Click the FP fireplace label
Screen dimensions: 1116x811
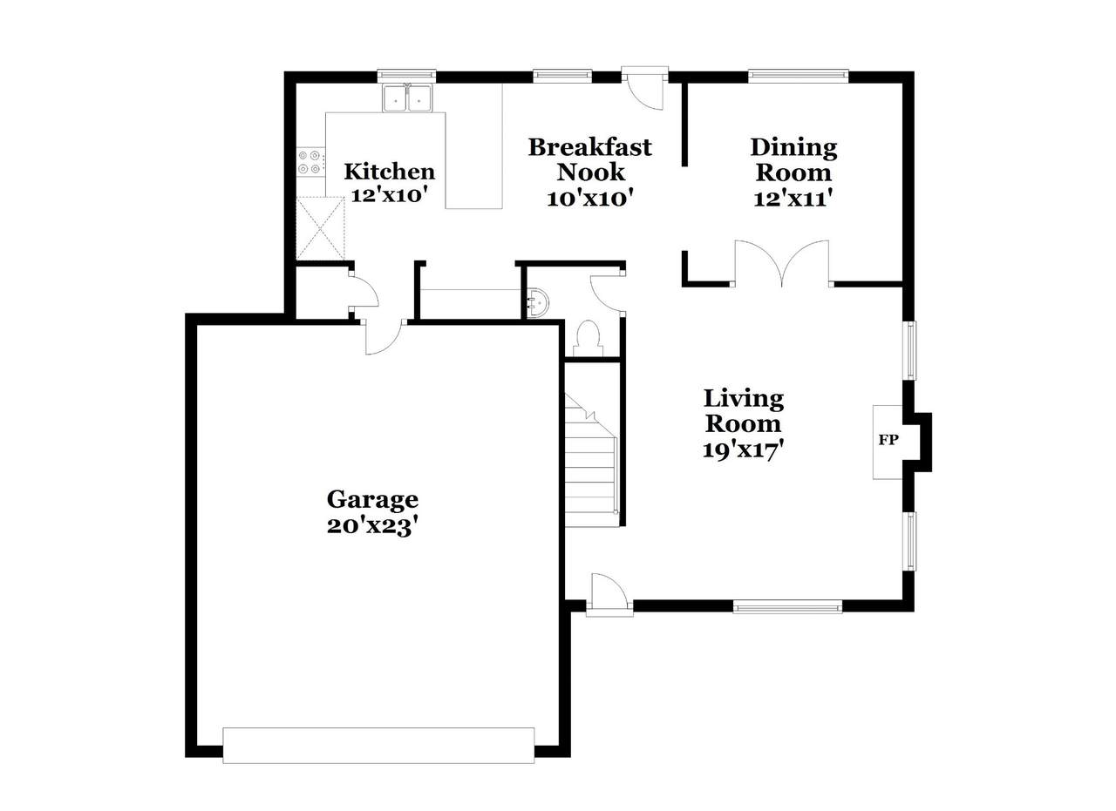click(x=888, y=440)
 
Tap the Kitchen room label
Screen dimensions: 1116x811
click(x=389, y=172)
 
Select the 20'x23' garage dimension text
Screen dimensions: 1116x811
click(x=371, y=527)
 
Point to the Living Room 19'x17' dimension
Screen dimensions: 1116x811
click(x=744, y=451)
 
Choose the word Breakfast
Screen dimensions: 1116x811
click(x=590, y=147)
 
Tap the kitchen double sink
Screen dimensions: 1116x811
click(x=408, y=98)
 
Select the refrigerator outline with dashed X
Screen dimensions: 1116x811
click(x=320, y=227)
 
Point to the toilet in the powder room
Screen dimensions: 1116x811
click(x=589, y=338)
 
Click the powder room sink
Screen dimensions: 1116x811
click(x=538, y=301)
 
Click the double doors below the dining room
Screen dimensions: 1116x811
click(x=782, y=264)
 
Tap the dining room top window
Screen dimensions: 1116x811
click(x=798, y=76)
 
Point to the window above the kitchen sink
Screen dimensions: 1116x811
click(x=406, y=76)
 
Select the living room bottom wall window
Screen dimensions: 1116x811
click(x=787, y=606)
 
